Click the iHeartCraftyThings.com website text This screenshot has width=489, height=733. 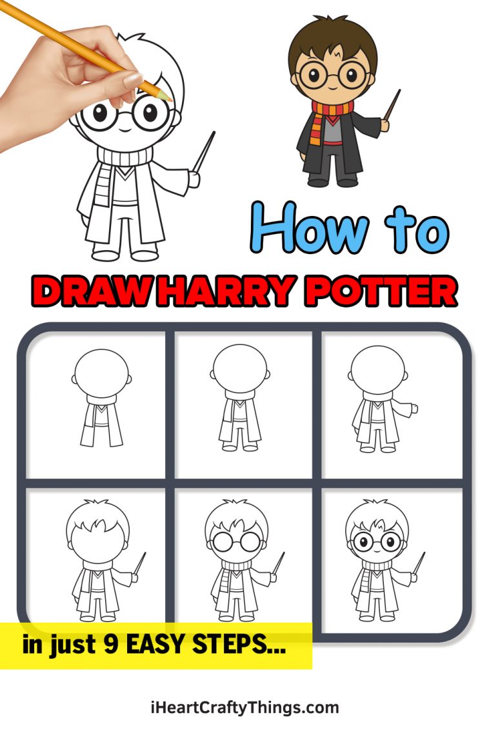click(x=245, y=707)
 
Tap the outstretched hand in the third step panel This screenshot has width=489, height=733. click(x=414, y=407)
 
